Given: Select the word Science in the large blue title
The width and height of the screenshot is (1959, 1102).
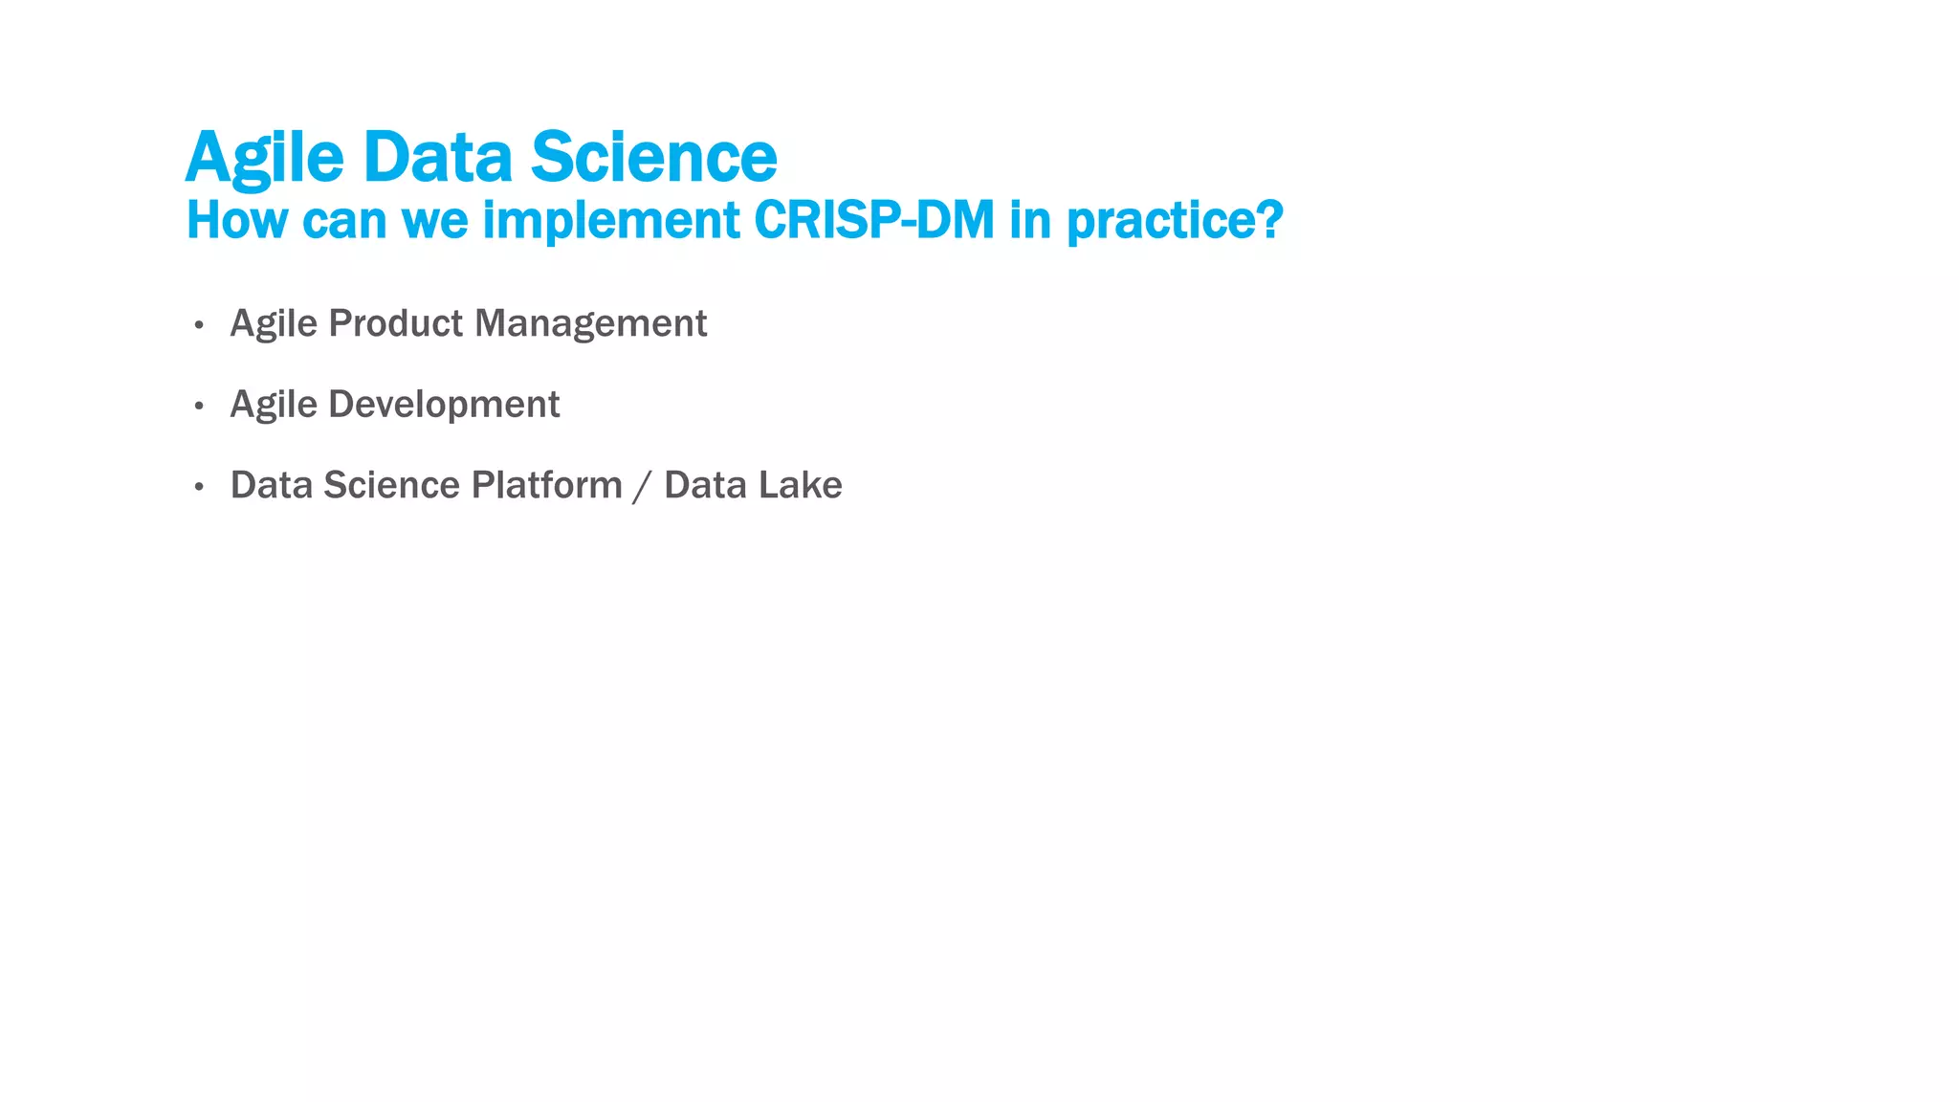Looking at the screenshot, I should pos(653,157).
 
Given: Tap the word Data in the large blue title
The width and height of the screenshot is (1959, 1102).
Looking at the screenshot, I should pos(437,157).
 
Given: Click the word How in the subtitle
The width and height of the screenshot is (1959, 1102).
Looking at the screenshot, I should pos(236,220).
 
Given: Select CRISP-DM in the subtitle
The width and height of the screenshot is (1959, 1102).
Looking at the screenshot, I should pos(874,220).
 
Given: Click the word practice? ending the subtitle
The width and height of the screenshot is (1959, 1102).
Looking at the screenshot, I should pos(1174,222).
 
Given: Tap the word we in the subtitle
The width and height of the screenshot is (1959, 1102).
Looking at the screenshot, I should pos(435,222).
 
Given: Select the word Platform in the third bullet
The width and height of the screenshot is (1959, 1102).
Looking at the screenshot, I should pos(546,485).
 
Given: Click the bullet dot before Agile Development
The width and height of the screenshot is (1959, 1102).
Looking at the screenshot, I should pos(199,407).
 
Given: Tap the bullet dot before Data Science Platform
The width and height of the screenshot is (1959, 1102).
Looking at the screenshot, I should pos(199,488).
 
